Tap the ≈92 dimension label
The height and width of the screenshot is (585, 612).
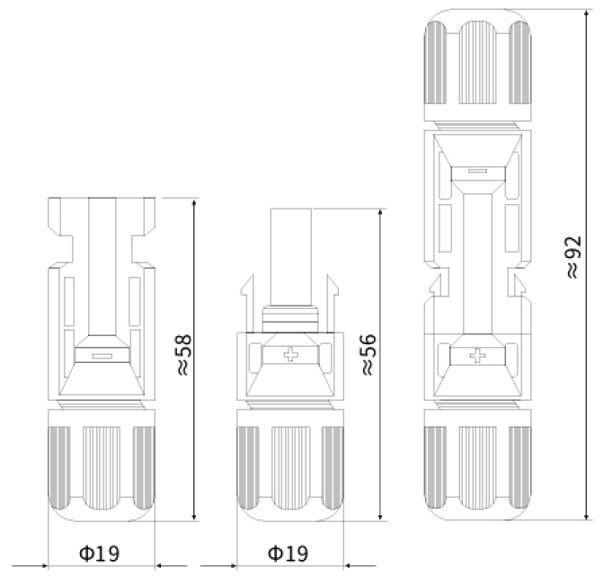coord(573,258)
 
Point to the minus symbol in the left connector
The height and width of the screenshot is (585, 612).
coord(101,356)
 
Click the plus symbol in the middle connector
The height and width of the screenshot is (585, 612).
coord(290,357)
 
